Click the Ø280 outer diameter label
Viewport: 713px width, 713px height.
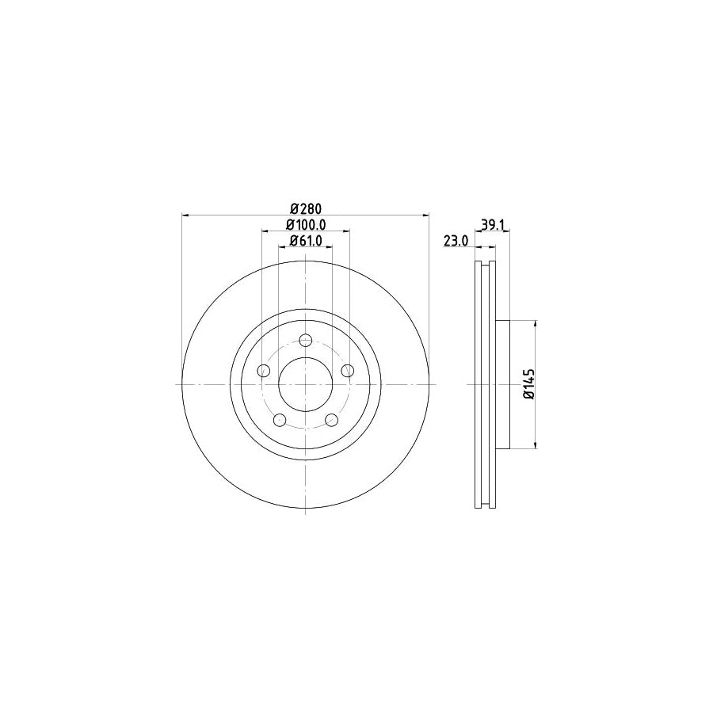point(305,208)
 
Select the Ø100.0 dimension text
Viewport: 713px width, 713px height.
point(305,226)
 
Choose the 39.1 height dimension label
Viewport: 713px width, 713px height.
point(492,226)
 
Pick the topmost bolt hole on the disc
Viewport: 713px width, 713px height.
point(306,341)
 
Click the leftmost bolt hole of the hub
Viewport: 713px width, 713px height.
point(265,371)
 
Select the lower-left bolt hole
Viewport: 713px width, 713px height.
point(280,420)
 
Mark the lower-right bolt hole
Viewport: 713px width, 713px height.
point(331,420)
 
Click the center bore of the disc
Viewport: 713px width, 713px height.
point(306,384)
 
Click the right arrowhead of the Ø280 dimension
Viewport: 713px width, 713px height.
point(425,214)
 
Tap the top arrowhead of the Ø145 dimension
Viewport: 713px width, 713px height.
point(538,324)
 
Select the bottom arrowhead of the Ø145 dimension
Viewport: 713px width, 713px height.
point(538,444)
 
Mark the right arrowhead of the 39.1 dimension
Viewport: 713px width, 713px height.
point(507,231)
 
